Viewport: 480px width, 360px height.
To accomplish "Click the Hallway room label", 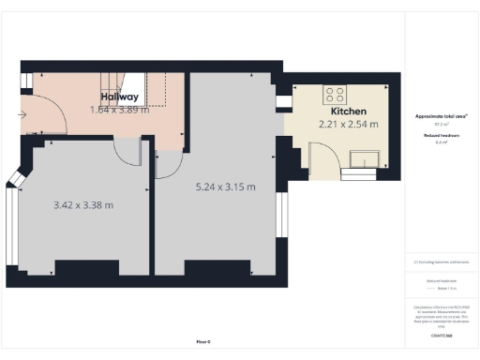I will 120,97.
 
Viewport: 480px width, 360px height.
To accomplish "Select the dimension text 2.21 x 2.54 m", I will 348,124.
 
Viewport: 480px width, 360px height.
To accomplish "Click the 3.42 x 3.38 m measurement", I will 84,204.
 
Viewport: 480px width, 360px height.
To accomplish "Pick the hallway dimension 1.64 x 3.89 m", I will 121,110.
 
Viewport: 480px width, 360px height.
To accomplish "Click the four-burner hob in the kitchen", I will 335,94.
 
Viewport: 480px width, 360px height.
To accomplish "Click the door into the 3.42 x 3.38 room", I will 127,152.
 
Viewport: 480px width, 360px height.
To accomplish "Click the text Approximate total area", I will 442,116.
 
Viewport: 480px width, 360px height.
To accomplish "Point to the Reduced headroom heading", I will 442,135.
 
